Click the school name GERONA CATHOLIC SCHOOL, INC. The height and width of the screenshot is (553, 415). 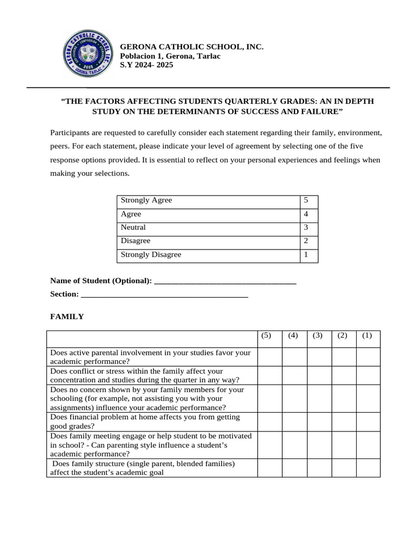coord(191,48)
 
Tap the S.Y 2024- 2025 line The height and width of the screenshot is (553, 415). coord(146,65)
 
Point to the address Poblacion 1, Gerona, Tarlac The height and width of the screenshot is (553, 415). coord(170,56)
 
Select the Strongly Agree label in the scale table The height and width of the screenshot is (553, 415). coord(146,200)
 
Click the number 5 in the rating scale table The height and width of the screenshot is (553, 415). coord(306,200)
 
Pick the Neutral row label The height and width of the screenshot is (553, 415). coord(133,227)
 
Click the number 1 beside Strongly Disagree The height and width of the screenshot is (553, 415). coord(306,254)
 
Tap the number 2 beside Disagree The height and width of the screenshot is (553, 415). coord(306,241)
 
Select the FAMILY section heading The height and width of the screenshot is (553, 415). coord(67,317)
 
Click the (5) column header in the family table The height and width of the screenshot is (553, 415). coord(266,335)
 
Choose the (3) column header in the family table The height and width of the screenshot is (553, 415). coord(317,335)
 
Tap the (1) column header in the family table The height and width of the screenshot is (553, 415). coord(367,335)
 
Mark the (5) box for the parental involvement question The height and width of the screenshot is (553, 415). coord(269,357)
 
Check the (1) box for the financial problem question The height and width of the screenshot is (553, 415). coord(367,422)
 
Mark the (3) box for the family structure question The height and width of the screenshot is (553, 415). coord(319,468)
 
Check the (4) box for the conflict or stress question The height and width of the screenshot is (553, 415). coord(294,375)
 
